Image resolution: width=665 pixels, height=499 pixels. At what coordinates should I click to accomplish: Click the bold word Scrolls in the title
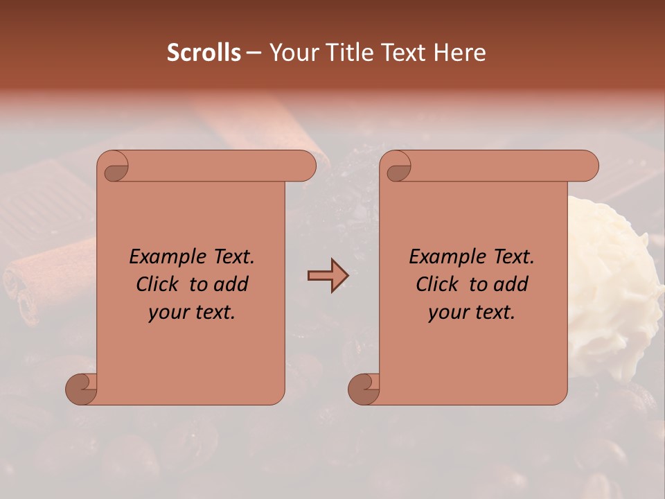pyautogui.click(x=204, y=53)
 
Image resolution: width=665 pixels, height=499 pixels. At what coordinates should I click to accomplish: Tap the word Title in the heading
pyautogui.click(x=346, y=53)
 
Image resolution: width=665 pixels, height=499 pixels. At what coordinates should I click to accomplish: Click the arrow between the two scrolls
pyautogui.click(x=328, y=276)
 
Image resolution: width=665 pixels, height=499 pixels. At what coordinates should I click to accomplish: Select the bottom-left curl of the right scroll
pyautogui.click(x=364, y=389)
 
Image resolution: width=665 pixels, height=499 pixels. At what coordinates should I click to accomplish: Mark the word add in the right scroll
pyautogui.click(x=511, y=284)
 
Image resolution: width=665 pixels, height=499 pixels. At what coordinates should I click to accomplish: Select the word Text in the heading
pyautogui.click(x=403, y=53)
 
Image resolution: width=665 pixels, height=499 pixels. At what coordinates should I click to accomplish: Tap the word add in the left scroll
pyautogui.click(x=231, y=284)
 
